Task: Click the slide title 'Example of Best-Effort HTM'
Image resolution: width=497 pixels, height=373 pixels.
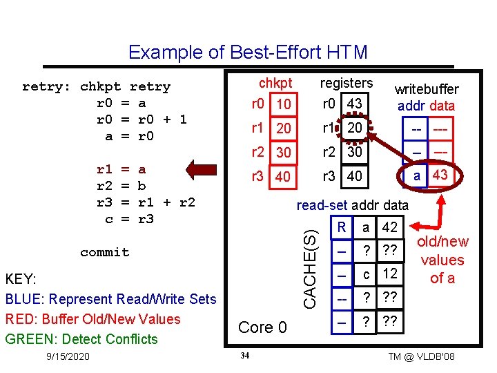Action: click(x=248, y=52)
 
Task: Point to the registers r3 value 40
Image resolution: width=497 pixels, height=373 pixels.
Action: click(x=354, y=176)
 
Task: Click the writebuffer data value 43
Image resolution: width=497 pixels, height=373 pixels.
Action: click(x=440, y=175)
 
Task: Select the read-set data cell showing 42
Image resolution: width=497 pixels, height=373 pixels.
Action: click(x=390, y=228)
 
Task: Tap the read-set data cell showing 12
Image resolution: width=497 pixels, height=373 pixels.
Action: click(x=390, y=274)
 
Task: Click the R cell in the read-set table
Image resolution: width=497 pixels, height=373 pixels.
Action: click(x=341, y=228)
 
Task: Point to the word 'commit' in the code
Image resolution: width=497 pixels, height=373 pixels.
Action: click(x=104, y=252)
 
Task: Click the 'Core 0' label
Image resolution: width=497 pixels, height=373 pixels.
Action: click(x=262, y=327)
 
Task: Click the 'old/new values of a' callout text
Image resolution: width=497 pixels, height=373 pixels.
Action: click(x=442, y=260)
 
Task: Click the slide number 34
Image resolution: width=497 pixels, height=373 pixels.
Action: click(x=244, y=356)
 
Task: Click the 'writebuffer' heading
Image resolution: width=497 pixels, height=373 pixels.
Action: click(x=427, y=90)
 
